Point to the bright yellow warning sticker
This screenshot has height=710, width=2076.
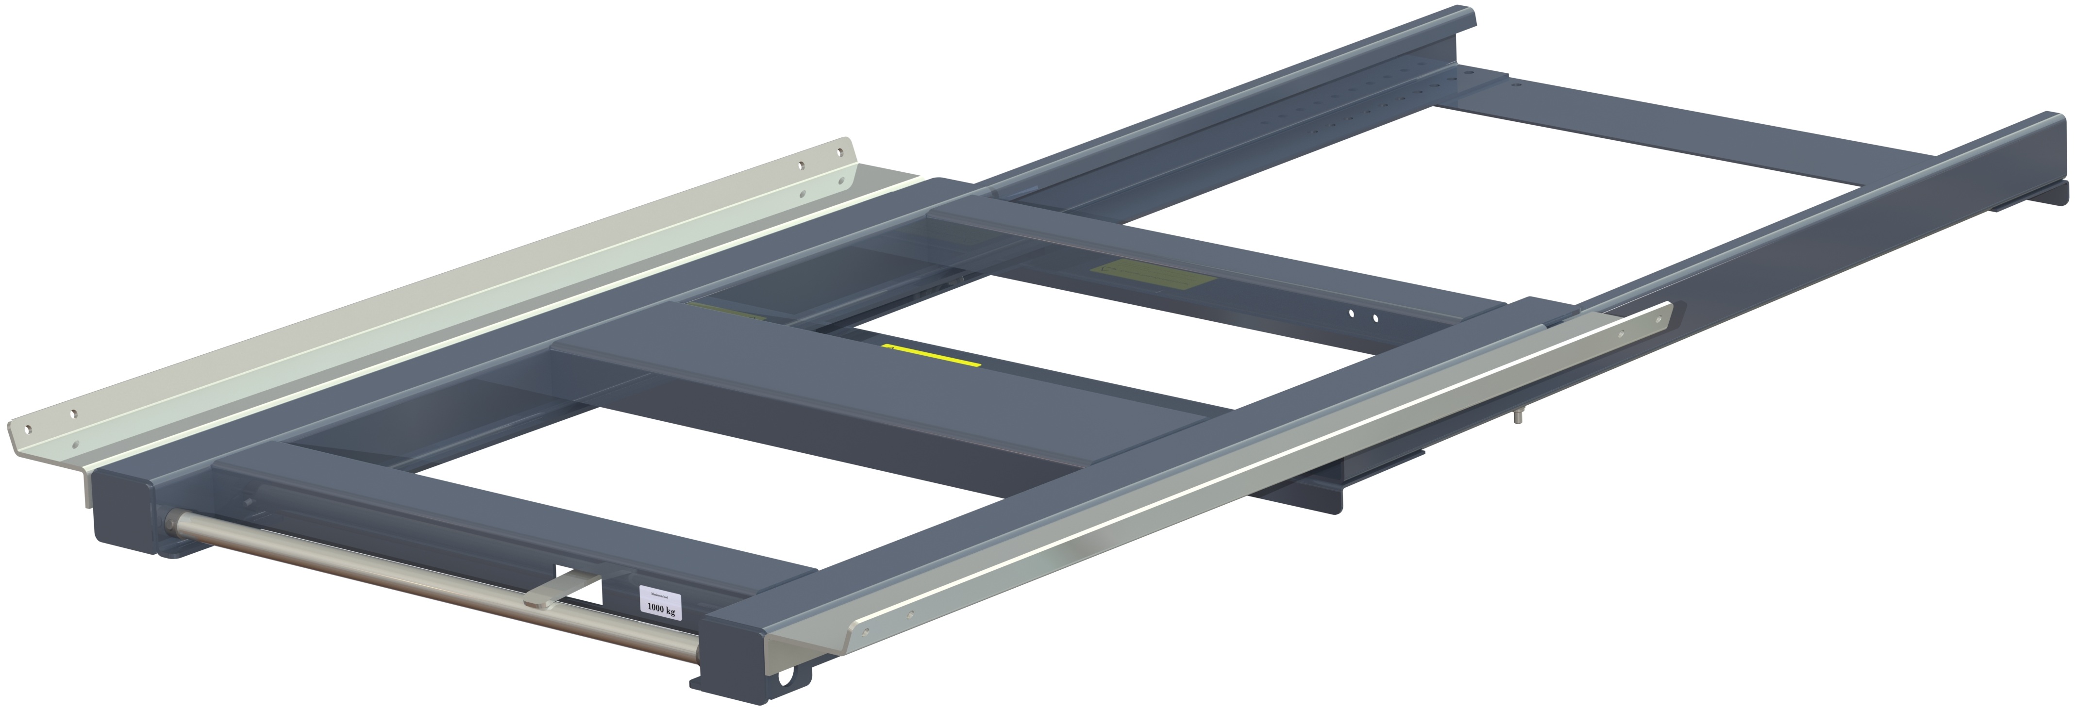click(x=931, y=355)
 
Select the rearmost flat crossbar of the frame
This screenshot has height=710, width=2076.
click(x=1652, y=141)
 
